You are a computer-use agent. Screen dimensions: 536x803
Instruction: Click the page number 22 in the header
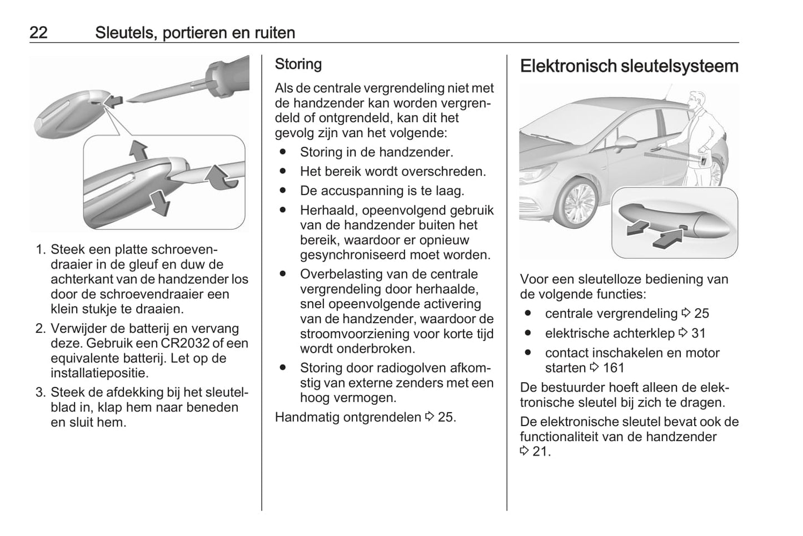pos(38,33)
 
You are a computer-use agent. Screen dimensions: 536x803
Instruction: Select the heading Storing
pos(298,64)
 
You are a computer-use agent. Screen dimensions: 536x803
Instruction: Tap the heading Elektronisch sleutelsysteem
pos(629,66)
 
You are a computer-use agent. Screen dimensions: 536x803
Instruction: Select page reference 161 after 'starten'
pos(614,368)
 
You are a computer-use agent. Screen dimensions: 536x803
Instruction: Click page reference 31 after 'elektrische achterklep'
pos(698,333)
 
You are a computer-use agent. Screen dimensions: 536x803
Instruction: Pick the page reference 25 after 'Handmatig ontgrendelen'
pos(446,417)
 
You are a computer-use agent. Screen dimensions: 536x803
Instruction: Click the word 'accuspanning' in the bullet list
pos(351,191)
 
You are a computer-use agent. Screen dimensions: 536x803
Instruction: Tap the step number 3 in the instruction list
pos(40,392)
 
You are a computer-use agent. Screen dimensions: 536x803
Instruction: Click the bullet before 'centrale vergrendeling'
pos(528,313)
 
